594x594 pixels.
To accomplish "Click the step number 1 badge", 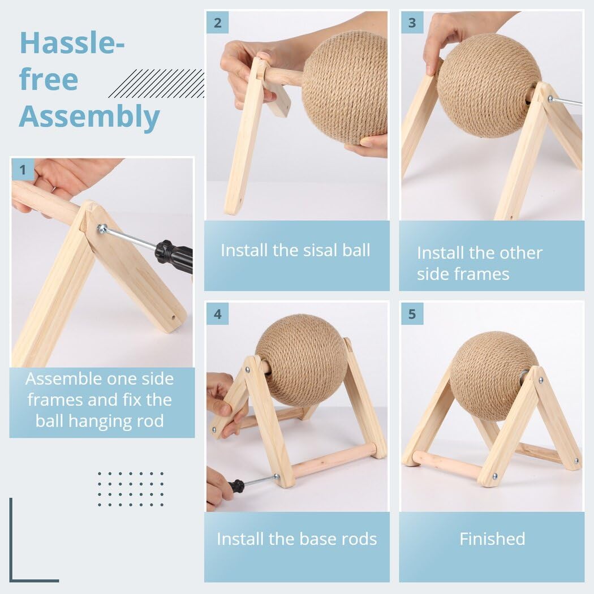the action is pos(23,169).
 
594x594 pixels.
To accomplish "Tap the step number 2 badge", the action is pos(217,23).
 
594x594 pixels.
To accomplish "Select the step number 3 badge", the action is pos(412,23).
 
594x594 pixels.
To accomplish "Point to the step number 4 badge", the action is pos(217,313).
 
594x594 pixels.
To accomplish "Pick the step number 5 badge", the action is pos(412,313).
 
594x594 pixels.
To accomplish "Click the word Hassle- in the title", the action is pos(72,42).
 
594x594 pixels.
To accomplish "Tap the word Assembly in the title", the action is pos(89,117).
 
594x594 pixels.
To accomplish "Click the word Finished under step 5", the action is pos(492,539).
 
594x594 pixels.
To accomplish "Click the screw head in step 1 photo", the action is pos(101,229).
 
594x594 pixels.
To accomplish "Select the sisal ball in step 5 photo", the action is pos(493,376).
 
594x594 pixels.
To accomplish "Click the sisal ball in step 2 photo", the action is pos(345,88).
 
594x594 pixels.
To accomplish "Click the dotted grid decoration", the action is pos(131,489).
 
